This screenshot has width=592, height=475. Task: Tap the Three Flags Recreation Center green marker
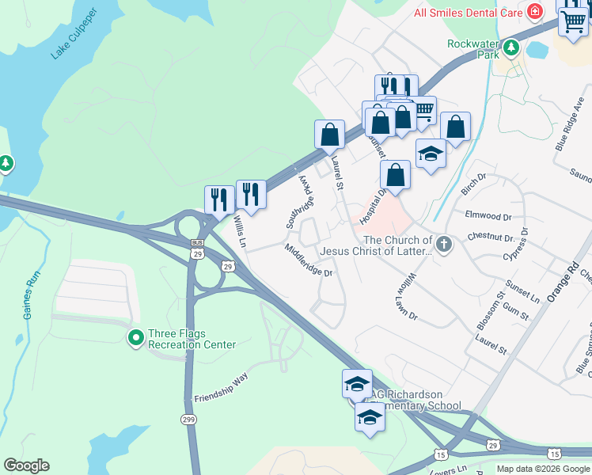point(135,338)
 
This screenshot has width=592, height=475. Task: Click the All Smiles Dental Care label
point(469,12)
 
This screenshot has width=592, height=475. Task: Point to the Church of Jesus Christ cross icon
point(443,245)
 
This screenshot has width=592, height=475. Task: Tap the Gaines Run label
point(32,296)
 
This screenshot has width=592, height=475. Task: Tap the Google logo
point(26,465)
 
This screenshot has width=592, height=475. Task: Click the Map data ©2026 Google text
point(542,469)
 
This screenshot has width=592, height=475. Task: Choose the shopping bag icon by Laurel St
point(329,135)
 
